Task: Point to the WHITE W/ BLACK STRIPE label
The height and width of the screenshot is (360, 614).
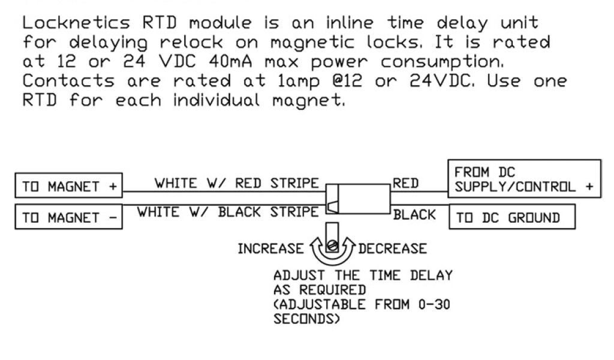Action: click(228, 212)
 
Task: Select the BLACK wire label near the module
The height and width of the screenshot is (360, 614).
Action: click(414, 215)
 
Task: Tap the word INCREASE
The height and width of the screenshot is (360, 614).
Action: click(270, 248)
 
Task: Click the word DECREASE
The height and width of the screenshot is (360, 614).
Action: click(393, 248)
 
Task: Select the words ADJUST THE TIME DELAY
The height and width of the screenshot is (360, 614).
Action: click(363, 277)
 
